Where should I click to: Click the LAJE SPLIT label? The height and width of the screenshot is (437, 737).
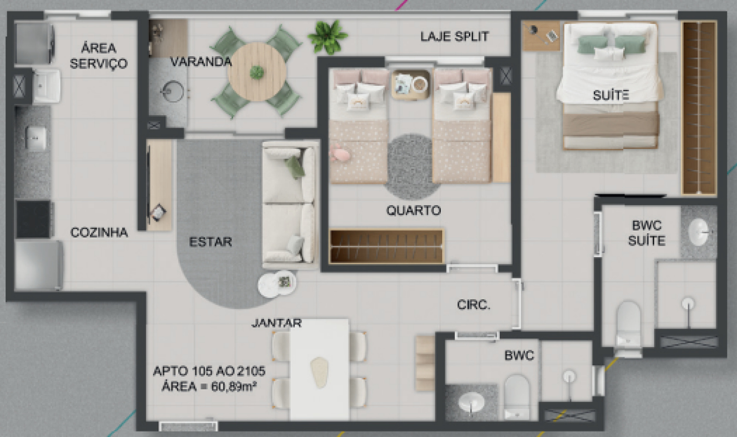(454, 36)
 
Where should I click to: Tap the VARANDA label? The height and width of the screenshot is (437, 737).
(201, 62)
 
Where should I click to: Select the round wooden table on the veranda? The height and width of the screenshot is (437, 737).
(257, 72)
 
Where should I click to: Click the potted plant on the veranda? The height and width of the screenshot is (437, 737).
(328, 36)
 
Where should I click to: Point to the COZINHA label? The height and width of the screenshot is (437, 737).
(99, 232)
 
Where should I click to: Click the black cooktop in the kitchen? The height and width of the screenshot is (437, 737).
(33, 219)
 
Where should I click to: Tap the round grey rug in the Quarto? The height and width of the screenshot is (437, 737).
(411, 167)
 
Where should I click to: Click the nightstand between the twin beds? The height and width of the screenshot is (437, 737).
(410, 85)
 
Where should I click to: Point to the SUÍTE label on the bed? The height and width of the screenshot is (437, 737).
(611, 95)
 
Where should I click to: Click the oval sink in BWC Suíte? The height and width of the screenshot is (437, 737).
(699, 232)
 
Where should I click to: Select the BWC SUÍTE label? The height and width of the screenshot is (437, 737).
(647, 233)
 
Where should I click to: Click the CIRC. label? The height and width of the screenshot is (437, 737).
(474, 305)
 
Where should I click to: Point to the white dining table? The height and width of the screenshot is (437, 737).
(319, 370)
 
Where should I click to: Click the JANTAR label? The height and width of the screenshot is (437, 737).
(276, 323)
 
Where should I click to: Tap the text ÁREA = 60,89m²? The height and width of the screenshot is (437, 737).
(209, 386)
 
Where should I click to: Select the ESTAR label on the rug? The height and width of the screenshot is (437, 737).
(210, 242)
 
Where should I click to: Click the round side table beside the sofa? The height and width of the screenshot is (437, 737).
(277, 284)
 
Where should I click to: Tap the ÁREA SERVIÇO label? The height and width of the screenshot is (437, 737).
(99, 56)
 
